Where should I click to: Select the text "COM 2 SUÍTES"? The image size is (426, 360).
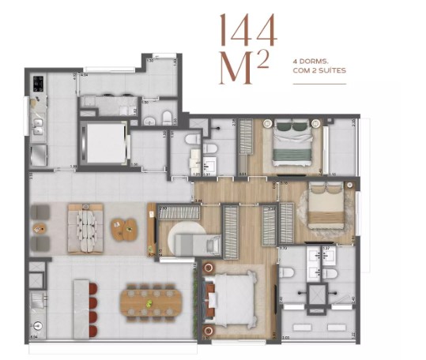[x=319, y=70]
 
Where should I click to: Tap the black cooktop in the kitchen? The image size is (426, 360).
[x=37, y=83]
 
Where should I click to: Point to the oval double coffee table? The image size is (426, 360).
[x=123, y=229]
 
